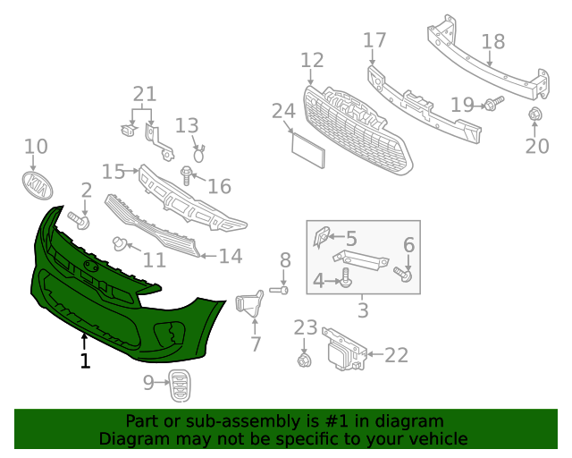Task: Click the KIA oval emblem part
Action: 37,185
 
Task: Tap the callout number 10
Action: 36,147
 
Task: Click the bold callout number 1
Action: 85,361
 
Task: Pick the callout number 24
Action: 283,111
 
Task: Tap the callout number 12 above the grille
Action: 312,61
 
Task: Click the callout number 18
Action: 493,42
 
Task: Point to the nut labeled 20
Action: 535,114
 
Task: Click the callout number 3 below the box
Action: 363,311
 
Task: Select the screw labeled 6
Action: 406,274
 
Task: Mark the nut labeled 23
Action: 305,359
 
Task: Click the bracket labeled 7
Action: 248,304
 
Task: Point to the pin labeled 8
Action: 281,290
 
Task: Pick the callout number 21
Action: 144,94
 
